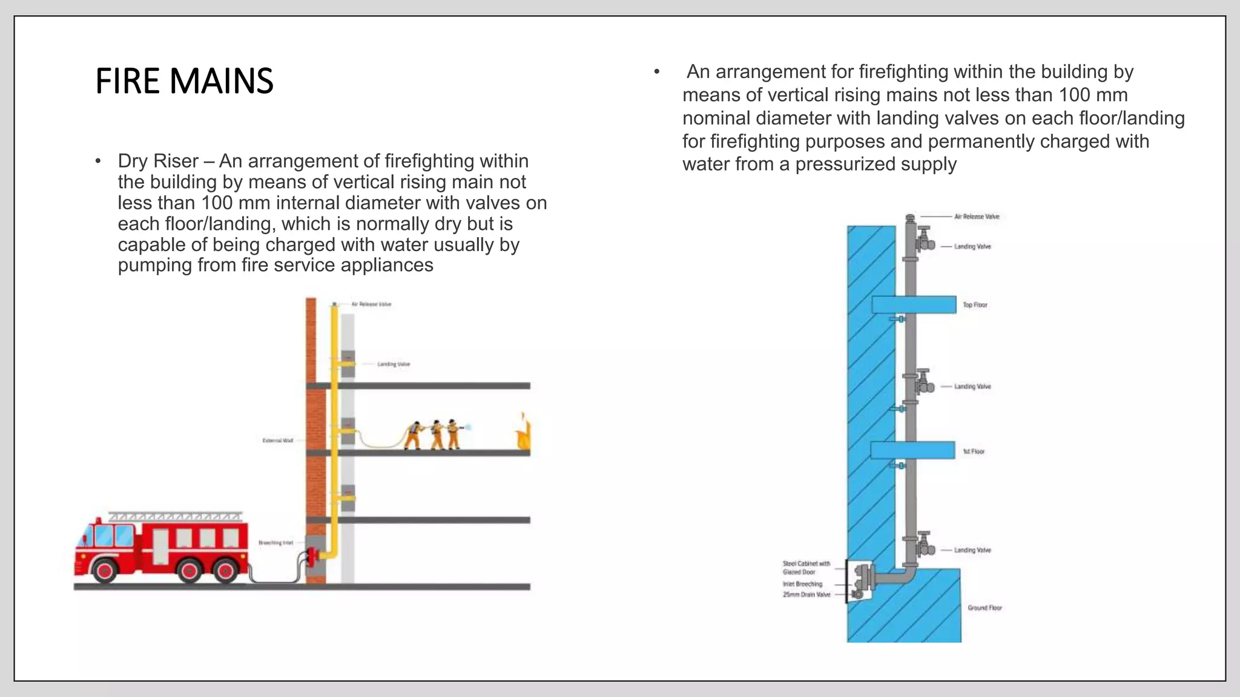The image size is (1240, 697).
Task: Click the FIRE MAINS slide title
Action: (184, 81)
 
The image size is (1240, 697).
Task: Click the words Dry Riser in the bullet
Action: (158, 161)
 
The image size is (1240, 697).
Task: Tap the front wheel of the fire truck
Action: (105, 570)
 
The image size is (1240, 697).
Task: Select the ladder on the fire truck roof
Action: (175, 517)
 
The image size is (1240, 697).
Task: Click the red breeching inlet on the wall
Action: (312, 555)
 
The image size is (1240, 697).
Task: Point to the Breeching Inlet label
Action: (275, 543)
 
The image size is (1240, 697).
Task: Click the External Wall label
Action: (277, 440)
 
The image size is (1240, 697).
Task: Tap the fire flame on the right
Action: (524, 433)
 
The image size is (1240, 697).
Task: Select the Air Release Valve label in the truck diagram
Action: (372, 304)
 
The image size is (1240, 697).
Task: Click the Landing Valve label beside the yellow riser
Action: (394, 364)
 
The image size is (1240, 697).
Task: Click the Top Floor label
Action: (975, 305)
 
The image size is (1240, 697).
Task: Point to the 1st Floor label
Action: (974, 451)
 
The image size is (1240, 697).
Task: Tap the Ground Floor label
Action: (984, 607)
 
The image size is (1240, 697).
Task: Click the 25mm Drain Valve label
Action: (806, 595)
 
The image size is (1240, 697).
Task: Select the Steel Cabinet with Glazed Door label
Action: (806, 568)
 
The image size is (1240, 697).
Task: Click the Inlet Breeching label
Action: (802, 584)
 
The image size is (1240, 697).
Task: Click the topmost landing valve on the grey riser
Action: (925, 240)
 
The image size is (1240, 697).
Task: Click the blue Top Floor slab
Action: (914, 304)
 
